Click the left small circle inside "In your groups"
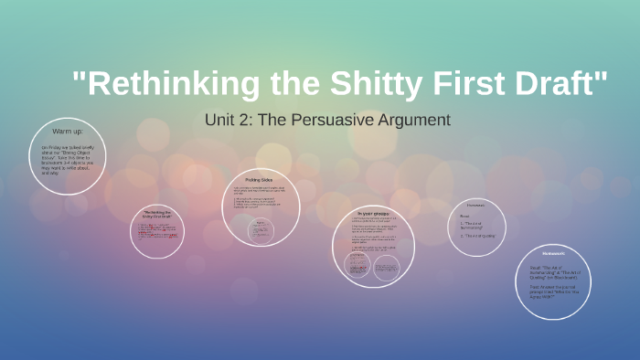(357, 265)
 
